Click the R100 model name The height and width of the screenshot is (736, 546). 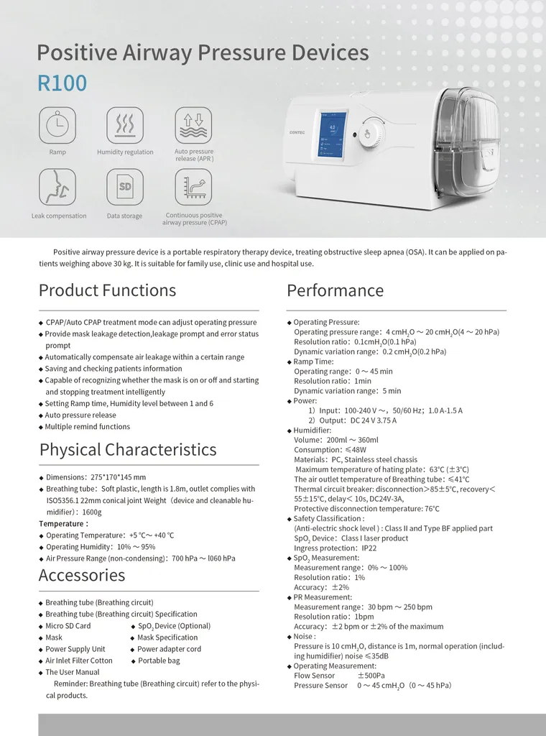click(x=62, y=83)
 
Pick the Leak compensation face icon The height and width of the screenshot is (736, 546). click(x=57, y=187)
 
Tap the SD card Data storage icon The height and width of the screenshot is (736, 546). click(x=125, y=187)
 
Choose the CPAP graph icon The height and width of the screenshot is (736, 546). click(x=193, y=187)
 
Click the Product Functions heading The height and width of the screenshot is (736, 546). click(x=107, y=290)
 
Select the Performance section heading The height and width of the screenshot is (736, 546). click(x=335, y=290)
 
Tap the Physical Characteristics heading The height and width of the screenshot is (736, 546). click(x=128, y=450)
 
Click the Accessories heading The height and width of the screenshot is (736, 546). click(x=82, y=575)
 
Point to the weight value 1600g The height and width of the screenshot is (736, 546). click(x=92, y=512)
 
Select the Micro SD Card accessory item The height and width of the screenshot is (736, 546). click(x=68, y=626)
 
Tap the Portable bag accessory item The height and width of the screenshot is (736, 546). click(x=159, y=661)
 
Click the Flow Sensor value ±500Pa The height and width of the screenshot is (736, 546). click(x=371, y=676)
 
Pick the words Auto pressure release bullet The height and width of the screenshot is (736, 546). click(x=80, y=415)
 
